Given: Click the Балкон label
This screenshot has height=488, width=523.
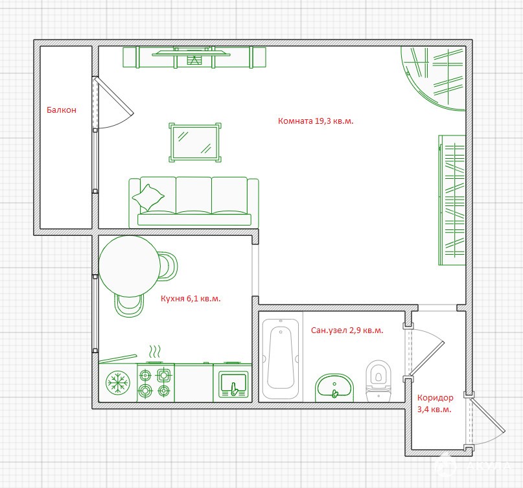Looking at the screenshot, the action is [62, 110].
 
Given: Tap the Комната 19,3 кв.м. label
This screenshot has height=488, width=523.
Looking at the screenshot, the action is [316, 121].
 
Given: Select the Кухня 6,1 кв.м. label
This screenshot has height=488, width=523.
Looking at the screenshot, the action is [191, 298].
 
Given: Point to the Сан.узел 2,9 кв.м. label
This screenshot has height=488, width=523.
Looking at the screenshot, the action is [347, 331].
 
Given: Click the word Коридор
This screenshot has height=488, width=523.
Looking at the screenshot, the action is [436, 398].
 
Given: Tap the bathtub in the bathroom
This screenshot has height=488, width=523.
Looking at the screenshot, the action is [281, 358].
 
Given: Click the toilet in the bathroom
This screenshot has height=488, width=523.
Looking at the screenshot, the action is [378, 380].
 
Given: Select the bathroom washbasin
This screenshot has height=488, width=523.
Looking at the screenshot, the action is [334, 388].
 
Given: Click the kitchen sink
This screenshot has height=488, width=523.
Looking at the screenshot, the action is [233, 384].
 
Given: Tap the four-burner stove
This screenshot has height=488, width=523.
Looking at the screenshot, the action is [156, 382].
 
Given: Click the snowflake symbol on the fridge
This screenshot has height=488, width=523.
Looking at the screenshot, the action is [118, 382].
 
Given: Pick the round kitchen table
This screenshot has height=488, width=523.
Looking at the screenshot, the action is [130, 266].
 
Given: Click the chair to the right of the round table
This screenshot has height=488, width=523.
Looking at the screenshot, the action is [168, 266].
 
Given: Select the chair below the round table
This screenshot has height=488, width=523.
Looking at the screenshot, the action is [129, 305].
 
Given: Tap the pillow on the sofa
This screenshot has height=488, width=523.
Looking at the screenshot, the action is [148, 198].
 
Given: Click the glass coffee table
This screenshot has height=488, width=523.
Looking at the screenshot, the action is [195, 143].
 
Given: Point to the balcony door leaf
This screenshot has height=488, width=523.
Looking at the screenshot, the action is [113, 96].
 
